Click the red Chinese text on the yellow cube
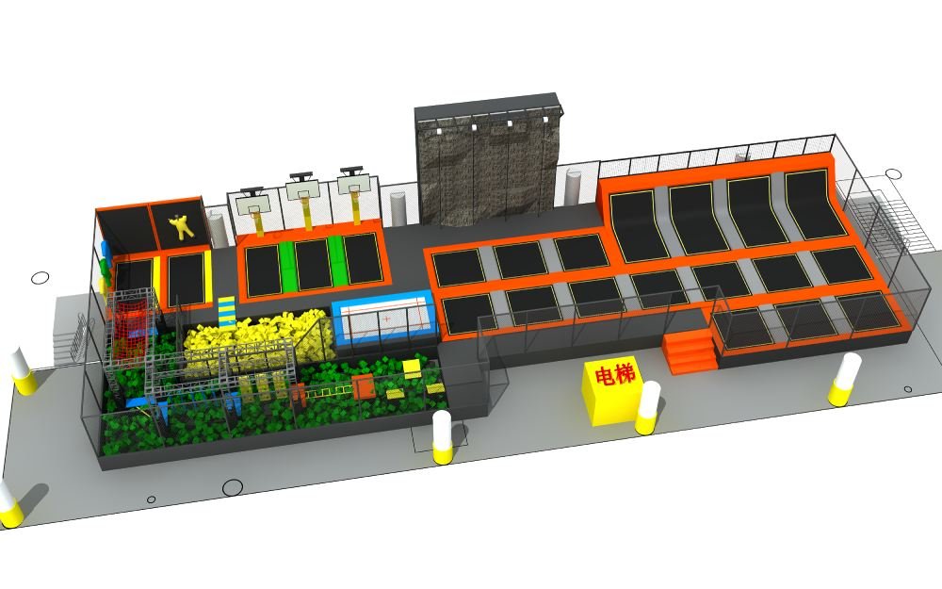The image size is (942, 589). coord(614,376)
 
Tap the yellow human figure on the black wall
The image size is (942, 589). coord(181,226)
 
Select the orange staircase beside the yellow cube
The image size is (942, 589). coord(690,352)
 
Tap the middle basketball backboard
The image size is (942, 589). coord(301,190)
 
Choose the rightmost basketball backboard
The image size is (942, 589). coord(352,184)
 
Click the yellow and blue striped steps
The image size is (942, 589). coord(226,310)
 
